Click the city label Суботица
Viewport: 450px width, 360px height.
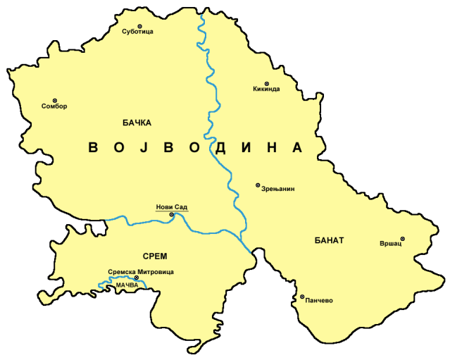click(137, 32)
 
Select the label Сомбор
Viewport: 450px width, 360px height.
click(54, 106)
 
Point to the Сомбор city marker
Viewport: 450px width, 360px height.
click(55, 100)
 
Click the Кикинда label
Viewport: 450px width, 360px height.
click(266, 89)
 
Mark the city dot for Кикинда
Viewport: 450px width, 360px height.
click(266, 83)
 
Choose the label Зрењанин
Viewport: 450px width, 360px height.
click(277, 189)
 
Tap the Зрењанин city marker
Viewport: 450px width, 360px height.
click(257, 185)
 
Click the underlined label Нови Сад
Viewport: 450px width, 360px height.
click(172, 207)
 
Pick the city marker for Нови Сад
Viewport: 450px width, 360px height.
click(172, 214)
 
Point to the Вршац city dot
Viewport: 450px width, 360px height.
click(403, 239)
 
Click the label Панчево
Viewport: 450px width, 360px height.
click(319, 300)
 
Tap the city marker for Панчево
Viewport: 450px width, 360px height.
click(302, 297)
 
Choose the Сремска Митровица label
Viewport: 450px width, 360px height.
click(141, 271)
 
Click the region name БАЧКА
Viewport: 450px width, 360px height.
click(137, 123)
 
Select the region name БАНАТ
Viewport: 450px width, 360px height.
click(327, 240)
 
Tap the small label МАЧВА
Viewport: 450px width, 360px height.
click(128, 285)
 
